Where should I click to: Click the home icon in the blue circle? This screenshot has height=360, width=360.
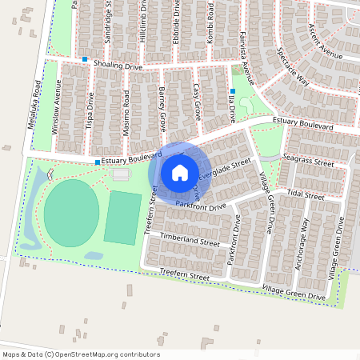(180, 172)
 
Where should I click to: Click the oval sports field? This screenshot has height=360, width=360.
(71, 213)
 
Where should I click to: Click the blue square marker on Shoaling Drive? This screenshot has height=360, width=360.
(84, 59)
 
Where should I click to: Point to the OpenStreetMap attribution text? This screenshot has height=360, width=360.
(81, 354)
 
